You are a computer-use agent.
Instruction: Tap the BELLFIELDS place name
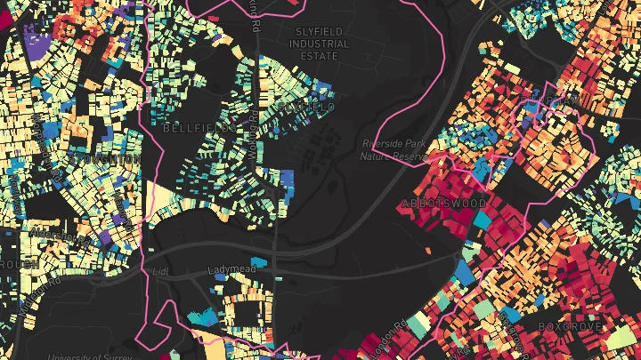tap(199, 128)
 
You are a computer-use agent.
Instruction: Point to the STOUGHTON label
tap(108, 159)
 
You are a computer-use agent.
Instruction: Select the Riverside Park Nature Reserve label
tap(395, 149)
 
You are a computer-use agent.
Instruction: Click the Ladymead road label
tap(231, 268)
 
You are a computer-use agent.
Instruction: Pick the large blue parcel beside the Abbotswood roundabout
tap(464, 272)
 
